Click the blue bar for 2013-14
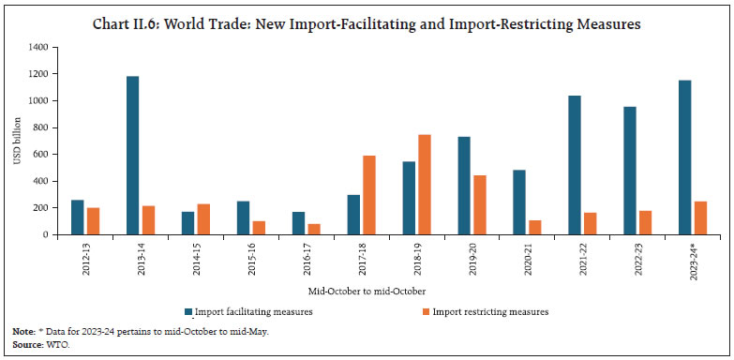coord(132,156)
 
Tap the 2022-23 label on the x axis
coord(633,258)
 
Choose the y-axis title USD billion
coord(17,141)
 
